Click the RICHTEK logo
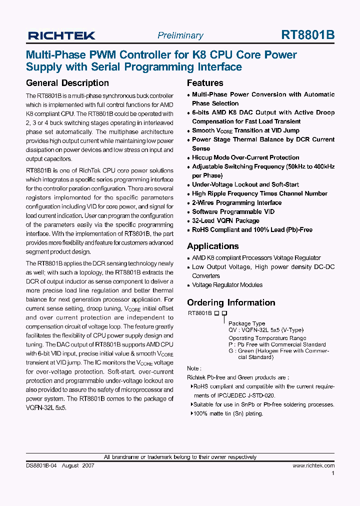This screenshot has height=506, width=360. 61,35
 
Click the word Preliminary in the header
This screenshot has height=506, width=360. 180,35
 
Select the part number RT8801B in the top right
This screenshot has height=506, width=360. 308,35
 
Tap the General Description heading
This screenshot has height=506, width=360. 67,83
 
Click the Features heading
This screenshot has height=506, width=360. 205,83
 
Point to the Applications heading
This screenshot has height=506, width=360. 212,246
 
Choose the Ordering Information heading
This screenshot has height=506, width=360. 231,302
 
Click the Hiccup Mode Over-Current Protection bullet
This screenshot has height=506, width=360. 245,157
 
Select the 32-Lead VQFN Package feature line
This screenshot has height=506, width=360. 225,220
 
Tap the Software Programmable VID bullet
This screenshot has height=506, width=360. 233,211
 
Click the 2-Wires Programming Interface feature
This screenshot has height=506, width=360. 236,202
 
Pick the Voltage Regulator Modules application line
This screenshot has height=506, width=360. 227,285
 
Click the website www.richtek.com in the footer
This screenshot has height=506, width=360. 313,465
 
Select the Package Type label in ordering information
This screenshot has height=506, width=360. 246,323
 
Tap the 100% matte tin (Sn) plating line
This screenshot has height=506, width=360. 228,413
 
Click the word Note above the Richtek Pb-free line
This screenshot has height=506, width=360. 193,368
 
